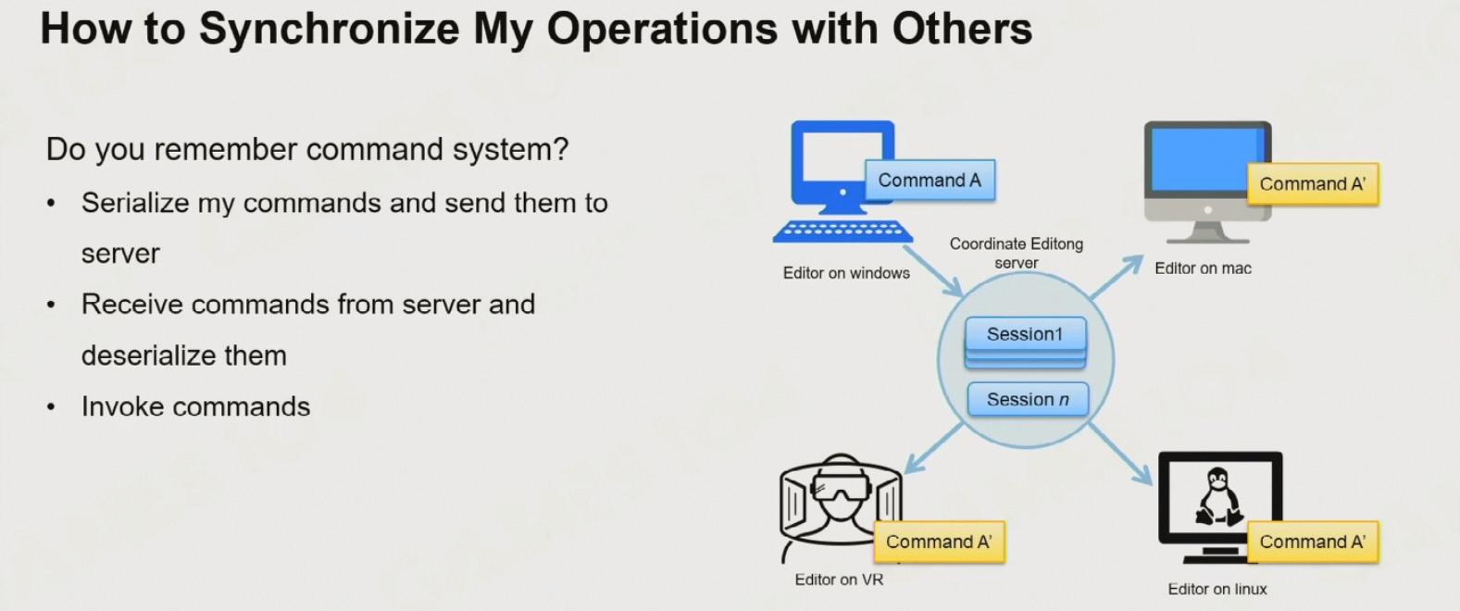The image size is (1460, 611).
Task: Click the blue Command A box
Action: pyautogui.click(x=930, y=181)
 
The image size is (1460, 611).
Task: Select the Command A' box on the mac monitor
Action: pyautogui.click(x=1312, y=184)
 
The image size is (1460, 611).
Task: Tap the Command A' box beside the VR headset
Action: pyautogui.click(x=939, y=542)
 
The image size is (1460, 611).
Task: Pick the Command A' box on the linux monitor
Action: pyautogui.click(x=1312, y=542)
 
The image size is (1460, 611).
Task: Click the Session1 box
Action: pyautogui.click(x=1025, y=334)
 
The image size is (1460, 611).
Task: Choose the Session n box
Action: pyautogui.click(x=1028, y=400)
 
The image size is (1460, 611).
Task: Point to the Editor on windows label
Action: pyautogui.click(x=846, y=273)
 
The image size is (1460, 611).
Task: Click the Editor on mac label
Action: pyautogui.click(x=1203, y=268)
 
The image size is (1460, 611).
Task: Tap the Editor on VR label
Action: pyautogui.click(x=839, y=580)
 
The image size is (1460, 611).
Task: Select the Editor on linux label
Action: pyautogui.click(x=1217, y=589)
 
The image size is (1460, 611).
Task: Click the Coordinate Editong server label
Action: pyautogui.click(x=1016, y=253)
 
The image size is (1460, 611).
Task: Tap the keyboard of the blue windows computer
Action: pyautogui.click(x=842, y=231)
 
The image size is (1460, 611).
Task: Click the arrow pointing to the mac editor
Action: pyautogui.click(x=1117, y=277)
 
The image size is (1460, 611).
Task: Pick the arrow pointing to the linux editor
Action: pyautogui.click(x=1120, y=455)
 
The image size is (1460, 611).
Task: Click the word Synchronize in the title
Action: pyautogui.click(x=329, y=29)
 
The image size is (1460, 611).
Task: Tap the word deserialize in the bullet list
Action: pyautogui.click(x=183, y=355)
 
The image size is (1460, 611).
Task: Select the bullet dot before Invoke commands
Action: pyautogui.click(x=51, y=407)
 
